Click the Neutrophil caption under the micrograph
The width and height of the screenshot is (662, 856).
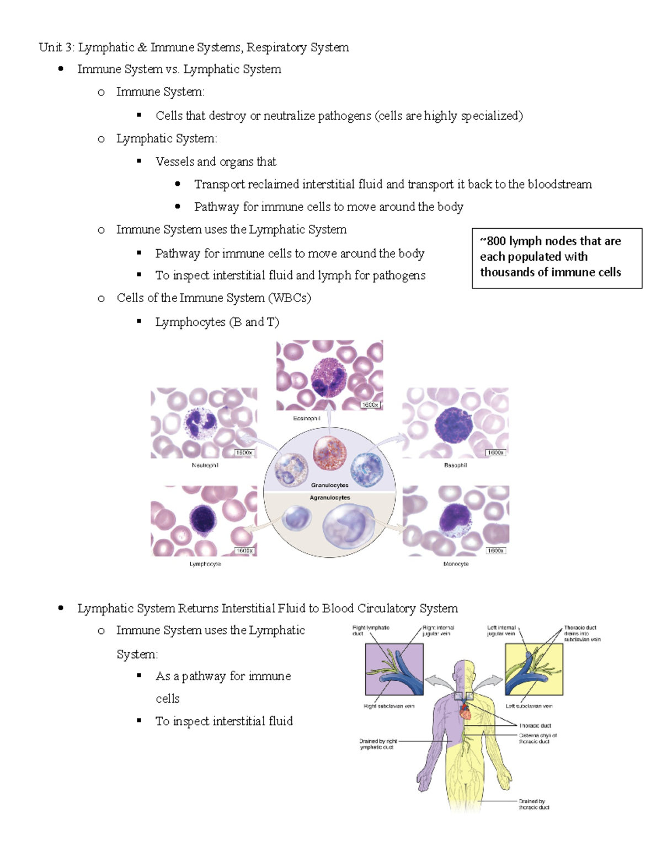click(205, 465)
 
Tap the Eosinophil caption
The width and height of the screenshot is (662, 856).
click(306, 418)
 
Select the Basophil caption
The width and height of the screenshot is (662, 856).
click(455, 465)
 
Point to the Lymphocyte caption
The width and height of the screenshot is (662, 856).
click(205, 564)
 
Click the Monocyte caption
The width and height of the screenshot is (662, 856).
click(456, 564)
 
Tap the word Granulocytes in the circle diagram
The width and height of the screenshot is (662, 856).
click(329, 485)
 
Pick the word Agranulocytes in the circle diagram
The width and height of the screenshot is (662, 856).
click(329, 497)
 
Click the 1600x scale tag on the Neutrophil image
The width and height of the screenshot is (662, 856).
click(243, 453)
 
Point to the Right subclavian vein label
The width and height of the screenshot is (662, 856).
click(389, 706)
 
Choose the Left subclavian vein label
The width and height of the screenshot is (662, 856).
click(528, 706)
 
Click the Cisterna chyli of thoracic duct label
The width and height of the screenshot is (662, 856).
click(537, 738)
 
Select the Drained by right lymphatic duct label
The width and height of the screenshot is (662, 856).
click(378, 744)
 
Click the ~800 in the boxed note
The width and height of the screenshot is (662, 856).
click(493, 241)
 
